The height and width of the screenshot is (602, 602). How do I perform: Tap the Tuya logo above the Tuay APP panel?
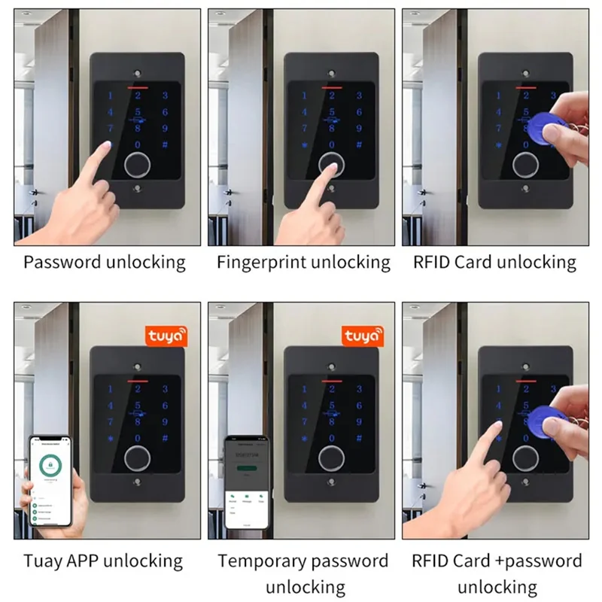[166, 336]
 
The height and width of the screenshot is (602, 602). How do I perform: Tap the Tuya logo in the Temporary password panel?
[363, 336]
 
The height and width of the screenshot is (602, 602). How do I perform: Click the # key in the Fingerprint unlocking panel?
[359, 145]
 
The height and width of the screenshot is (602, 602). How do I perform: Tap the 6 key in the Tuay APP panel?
[165, 406]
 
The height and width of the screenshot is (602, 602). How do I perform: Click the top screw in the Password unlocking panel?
[137, 73]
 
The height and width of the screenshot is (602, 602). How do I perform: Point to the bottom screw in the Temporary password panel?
[332, 484]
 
